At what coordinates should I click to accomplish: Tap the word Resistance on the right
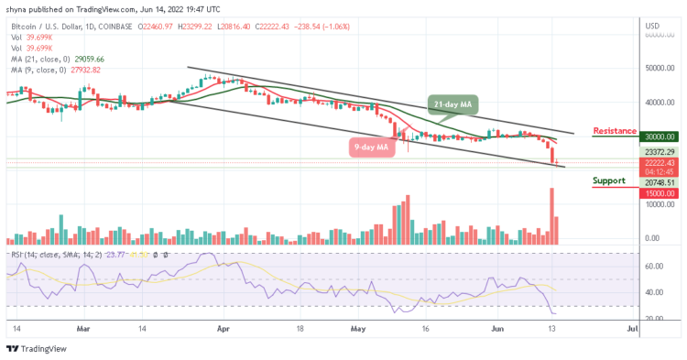click(615, 131)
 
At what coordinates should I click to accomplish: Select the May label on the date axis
click(357, 325)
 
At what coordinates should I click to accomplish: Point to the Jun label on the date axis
click(497, 325)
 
